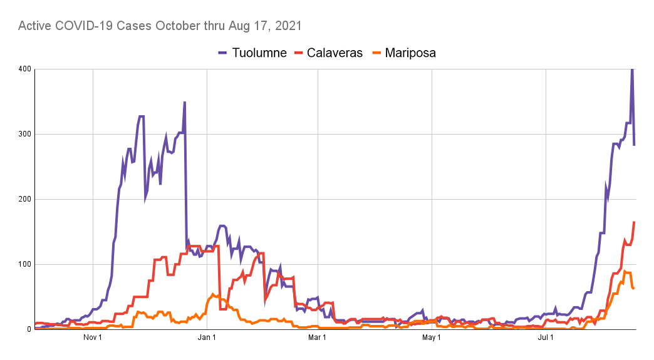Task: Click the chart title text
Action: [x=160, y=26]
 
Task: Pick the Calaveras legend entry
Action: [x=335, y=53]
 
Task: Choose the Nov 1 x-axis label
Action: [x=93, y=339]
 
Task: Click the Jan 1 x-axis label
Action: [x=207, y=339]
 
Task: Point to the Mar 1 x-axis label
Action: [x=318, y=339]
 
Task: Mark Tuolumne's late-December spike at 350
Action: [x=185, y=102]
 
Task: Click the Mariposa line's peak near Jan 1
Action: [x=213, y=294]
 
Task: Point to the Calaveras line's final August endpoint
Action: [x=634, y=222]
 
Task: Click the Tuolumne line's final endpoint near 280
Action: [x=634, y=145]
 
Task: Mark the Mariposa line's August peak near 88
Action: [x=625, y=272]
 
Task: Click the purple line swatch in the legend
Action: [x=223, y=53]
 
